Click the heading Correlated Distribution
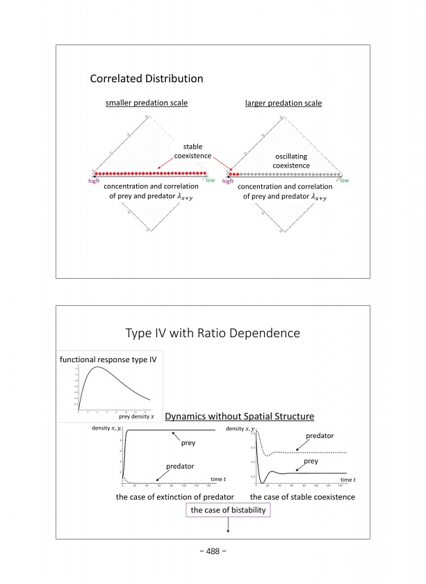146,79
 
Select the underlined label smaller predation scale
147,104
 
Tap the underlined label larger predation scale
284,104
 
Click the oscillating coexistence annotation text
291,161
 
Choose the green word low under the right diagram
343,181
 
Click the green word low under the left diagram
211,181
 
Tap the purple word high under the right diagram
228,181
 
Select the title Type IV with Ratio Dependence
213,333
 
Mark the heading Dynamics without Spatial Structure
240,416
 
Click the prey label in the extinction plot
188,442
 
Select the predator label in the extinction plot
179,467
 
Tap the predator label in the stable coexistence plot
321,436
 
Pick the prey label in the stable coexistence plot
311,461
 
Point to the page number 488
213,552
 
